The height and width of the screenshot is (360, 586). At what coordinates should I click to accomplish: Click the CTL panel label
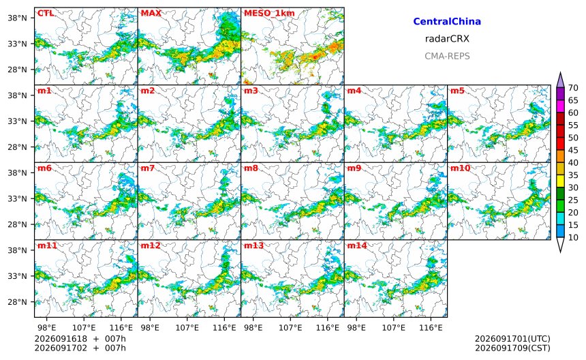point(46,14)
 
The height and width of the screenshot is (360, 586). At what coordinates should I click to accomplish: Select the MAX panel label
point(151,14)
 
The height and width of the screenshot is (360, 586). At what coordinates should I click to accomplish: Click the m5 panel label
point(457,91)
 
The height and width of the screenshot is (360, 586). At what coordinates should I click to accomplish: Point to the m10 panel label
point(460,168)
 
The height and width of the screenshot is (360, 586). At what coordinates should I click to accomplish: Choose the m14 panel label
point(357,245)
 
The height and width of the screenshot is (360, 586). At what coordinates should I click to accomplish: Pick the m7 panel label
point(147,168)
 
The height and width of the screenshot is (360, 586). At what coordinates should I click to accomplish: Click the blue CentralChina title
point(447,22)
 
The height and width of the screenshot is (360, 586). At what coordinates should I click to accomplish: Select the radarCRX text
point(447,39)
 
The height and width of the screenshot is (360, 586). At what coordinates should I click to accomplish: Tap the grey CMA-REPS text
point(447,57)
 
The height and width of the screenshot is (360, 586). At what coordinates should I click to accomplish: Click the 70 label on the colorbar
point(573,88)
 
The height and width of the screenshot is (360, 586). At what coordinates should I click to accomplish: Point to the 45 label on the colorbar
point(573,150)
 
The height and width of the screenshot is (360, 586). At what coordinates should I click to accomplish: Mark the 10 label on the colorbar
point(573,237)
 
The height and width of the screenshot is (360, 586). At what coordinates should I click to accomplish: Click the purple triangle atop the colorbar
point(560,80)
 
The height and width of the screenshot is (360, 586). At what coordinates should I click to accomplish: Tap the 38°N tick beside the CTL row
point(18,18)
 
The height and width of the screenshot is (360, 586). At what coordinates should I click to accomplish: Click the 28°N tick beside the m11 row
point(18,301)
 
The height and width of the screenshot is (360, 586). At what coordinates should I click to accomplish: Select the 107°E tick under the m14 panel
point(394,328)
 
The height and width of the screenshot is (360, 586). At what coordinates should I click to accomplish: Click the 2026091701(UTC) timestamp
point(512,339)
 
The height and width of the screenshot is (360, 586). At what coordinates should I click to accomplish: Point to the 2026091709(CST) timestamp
point(512,348)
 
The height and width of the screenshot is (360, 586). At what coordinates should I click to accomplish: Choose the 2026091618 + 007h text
point(80,339)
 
